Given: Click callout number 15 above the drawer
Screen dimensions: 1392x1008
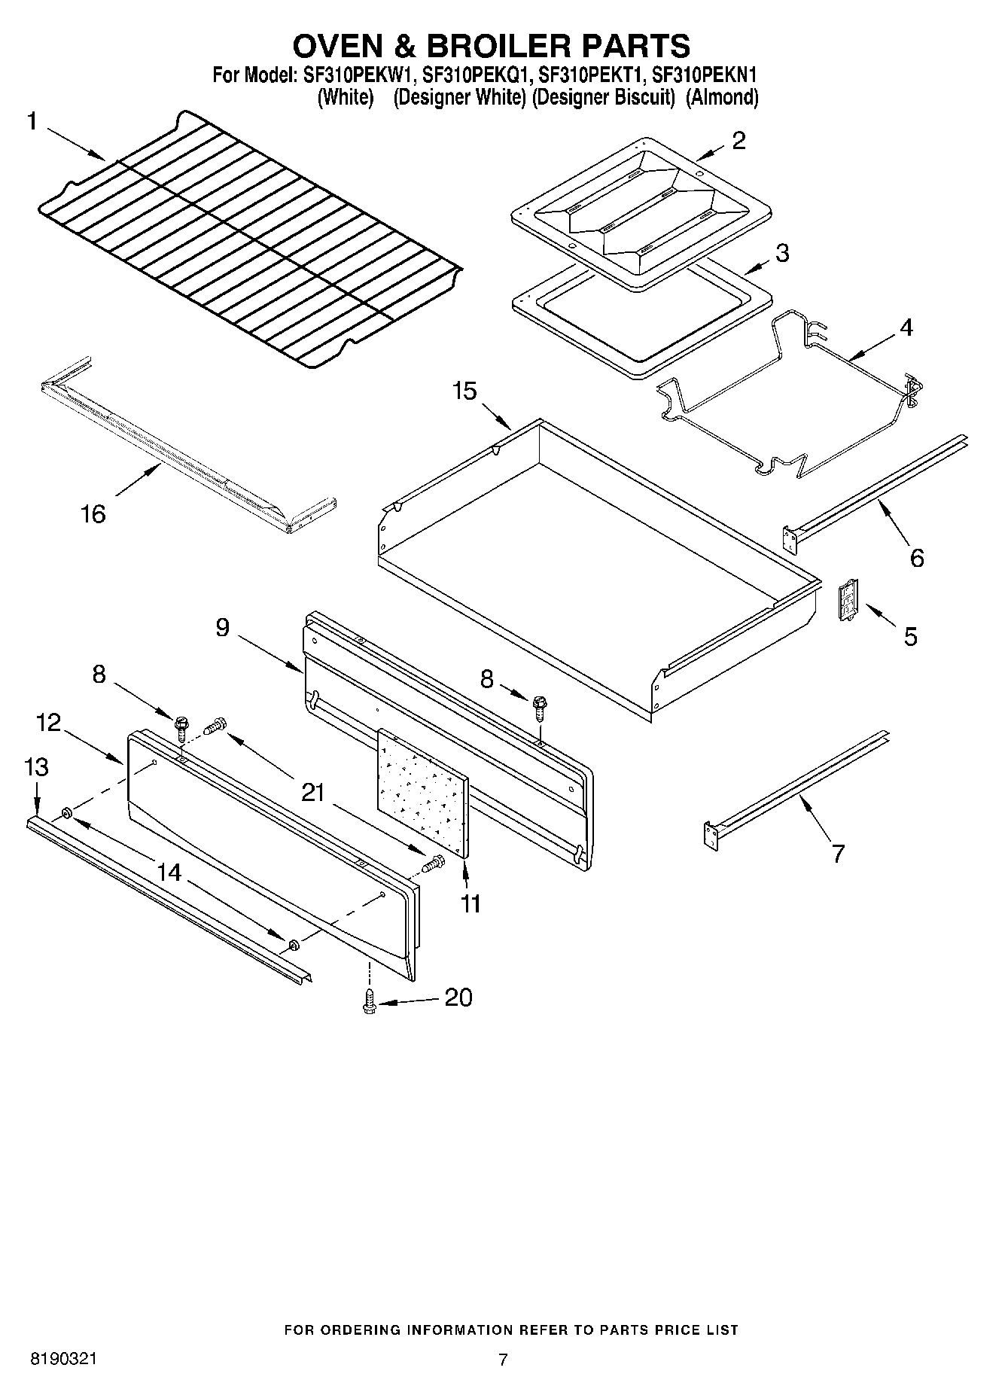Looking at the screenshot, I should [x=464, y=391].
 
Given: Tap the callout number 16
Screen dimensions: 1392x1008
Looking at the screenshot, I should [x=93, y=515].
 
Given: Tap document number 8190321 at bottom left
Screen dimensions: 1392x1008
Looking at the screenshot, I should [x=62, y=1359].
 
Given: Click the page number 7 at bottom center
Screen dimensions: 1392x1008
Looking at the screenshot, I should [x=503, y=1359].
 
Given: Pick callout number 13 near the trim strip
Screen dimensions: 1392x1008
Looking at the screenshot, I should [x=35, y=767].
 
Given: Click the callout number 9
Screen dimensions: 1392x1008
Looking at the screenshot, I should [x=222, y=627].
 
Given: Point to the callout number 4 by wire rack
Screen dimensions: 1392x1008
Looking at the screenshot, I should [x=906, y=327].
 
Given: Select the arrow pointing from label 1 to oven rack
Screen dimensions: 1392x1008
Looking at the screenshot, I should [x=75, y=143].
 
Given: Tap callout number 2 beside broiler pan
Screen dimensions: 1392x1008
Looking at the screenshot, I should [x=738, y=140].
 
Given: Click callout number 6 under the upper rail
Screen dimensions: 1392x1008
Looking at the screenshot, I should [x=916, y=558].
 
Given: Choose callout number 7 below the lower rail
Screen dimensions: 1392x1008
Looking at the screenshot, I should [x=837, y=853].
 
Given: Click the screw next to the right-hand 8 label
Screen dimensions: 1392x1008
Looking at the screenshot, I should [x=539, y=706].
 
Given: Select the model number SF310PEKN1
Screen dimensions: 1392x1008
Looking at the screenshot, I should [x=703, y=75].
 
